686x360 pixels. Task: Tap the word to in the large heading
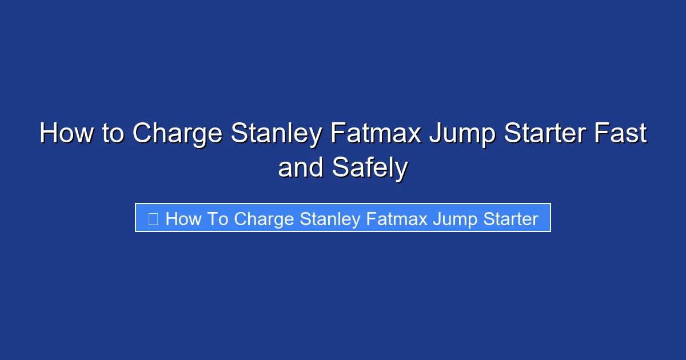click(x=113, y=134)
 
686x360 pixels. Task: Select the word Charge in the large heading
click(x=177, y=134)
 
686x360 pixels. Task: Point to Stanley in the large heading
click(x=278, y=134)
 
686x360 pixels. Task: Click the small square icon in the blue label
click(x=153, y=218)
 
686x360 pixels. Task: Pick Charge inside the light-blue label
click(x=264, y=219)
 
